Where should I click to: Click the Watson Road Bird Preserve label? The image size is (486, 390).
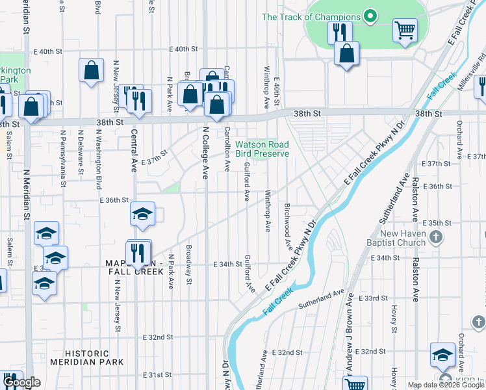point(261,149)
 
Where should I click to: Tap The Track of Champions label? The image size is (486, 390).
point(311,17)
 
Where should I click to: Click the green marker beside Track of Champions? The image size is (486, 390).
point(370,17)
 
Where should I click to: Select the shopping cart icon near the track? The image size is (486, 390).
point(405,30)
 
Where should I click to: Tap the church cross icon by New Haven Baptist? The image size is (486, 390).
point(437,238)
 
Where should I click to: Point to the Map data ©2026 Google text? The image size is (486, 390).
point(446,385)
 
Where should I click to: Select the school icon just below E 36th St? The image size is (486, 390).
point(142,214)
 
